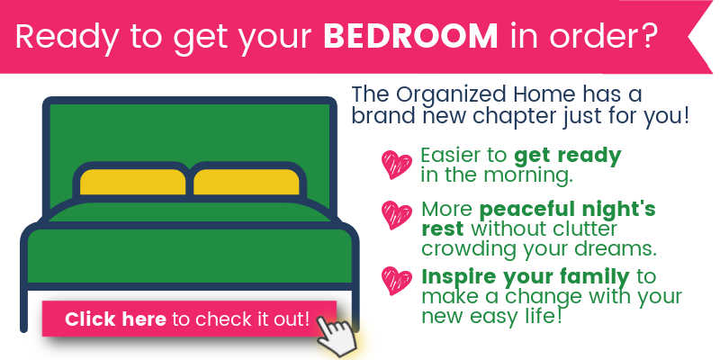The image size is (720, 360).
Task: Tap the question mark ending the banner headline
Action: [x=645, y=35]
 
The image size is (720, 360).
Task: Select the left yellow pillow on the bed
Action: [x=132, y=182]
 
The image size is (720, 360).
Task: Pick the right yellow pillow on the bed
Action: [x=246, y=182]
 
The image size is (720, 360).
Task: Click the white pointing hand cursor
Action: [x=337, y=334]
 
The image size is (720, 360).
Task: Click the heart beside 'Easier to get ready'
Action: [x=397, y=164]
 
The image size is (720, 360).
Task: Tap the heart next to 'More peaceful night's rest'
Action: [x=397, y=214]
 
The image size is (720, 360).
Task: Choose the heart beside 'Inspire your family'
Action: [x=397, y=280]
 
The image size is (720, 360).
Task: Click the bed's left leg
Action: [x=24, y=309]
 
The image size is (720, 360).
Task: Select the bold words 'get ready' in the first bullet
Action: [x=568, y=157]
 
